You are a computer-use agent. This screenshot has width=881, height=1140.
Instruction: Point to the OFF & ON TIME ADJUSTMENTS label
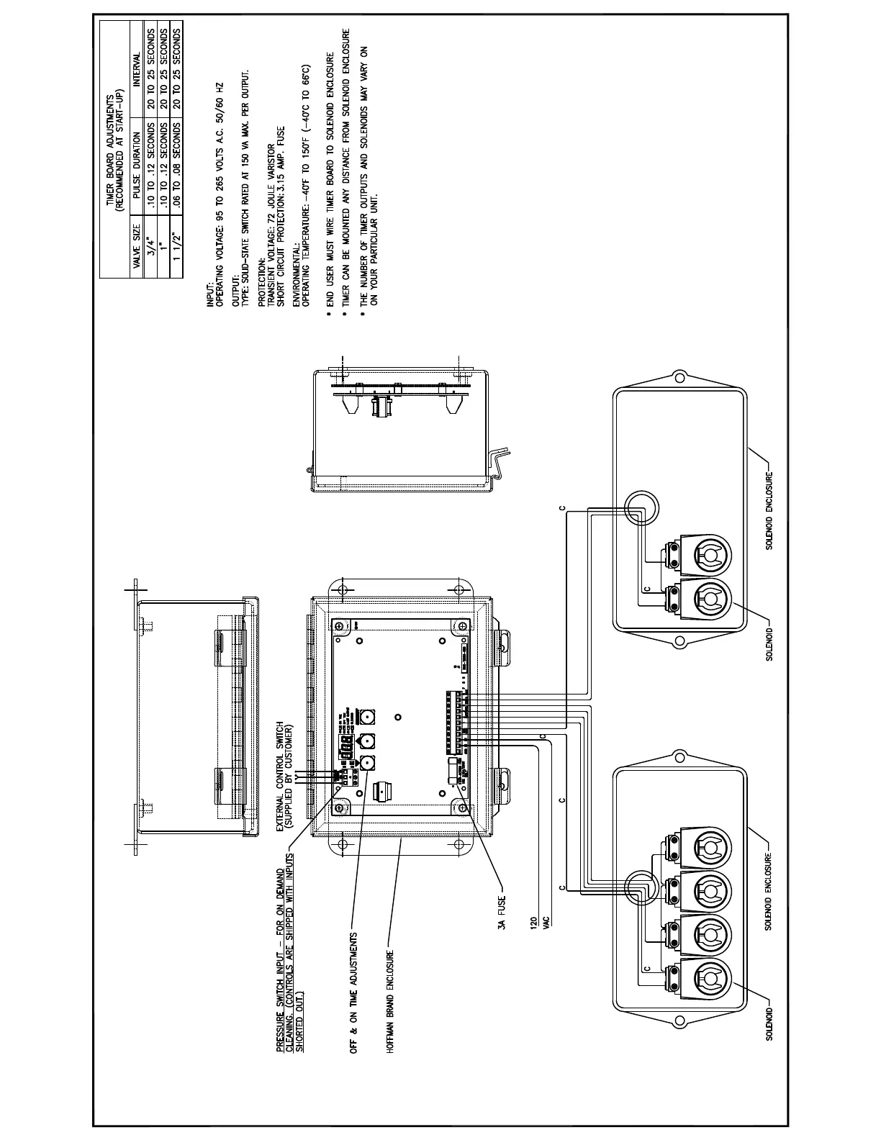coord(353,993)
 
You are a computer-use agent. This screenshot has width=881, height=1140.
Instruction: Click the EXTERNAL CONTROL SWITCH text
coord(281,777)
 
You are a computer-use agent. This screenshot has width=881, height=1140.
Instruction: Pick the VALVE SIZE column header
coord(137,247)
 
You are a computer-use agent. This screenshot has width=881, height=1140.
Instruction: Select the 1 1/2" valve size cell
coord(176,247)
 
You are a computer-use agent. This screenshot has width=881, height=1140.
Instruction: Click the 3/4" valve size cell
coord(150,247)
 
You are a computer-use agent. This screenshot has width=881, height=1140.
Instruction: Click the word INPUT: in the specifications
coord(209,297)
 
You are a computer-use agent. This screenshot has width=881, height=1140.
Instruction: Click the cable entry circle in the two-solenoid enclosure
coord(640,508)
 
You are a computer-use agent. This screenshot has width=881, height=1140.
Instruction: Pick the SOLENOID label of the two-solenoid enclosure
coord(769,643)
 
